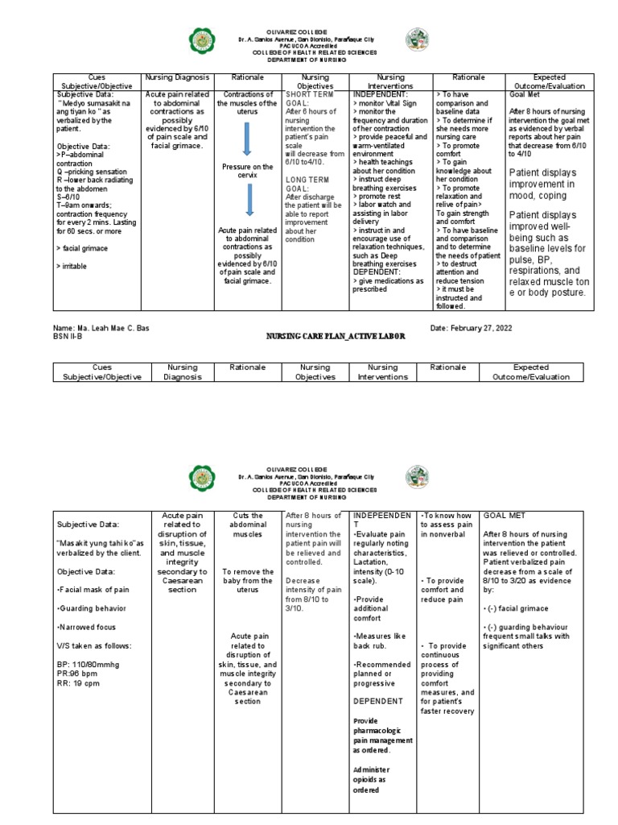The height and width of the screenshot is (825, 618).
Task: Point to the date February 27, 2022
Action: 471,328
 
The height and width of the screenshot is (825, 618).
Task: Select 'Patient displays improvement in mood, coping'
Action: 554,184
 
